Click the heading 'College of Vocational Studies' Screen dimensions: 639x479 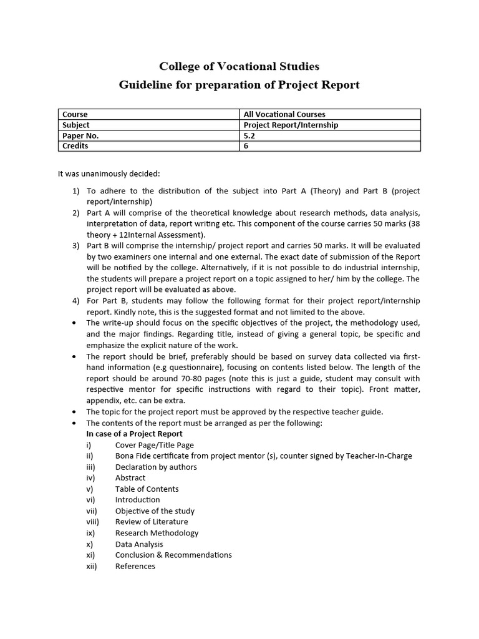(x=239, y=66)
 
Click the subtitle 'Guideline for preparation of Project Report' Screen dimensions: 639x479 (x=239, y=85)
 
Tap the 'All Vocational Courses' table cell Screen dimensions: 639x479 (x=284, y=114)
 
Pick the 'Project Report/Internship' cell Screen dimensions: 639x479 (x=291, y=125)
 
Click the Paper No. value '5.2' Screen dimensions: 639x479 (x=249, y=135)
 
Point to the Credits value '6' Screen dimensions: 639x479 (x=246, y=146)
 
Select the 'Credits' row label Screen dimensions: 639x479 (x=75, y=146)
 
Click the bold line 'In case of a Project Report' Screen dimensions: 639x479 (x=134, y=434)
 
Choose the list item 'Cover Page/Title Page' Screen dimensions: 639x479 (x=155, y=446)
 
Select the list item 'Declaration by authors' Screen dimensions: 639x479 (x=156, y=467)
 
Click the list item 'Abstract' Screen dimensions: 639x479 (x=130, y=478)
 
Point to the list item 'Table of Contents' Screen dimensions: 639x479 (x=147, y=489)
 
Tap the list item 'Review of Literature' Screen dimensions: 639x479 (x=152, y=522)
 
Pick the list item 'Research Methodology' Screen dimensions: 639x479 (x=157, y=533)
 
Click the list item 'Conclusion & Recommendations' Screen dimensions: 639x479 (x=173, y=555)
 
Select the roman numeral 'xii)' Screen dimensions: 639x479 (x=92, y=566)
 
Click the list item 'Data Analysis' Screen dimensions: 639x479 (x=138, y=544)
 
